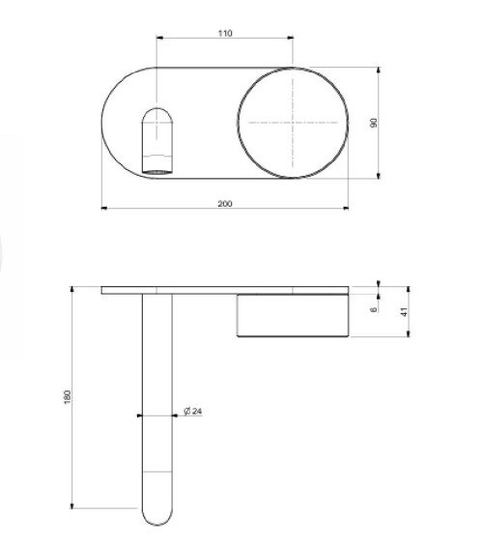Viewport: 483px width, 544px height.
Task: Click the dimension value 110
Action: [225, 33]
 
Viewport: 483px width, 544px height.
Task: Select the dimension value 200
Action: [225, 203]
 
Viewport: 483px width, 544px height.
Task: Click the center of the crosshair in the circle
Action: [292, 123]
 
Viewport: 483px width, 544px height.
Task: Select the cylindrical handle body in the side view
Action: [292, 314]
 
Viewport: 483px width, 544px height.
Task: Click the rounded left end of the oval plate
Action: [104, 123]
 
